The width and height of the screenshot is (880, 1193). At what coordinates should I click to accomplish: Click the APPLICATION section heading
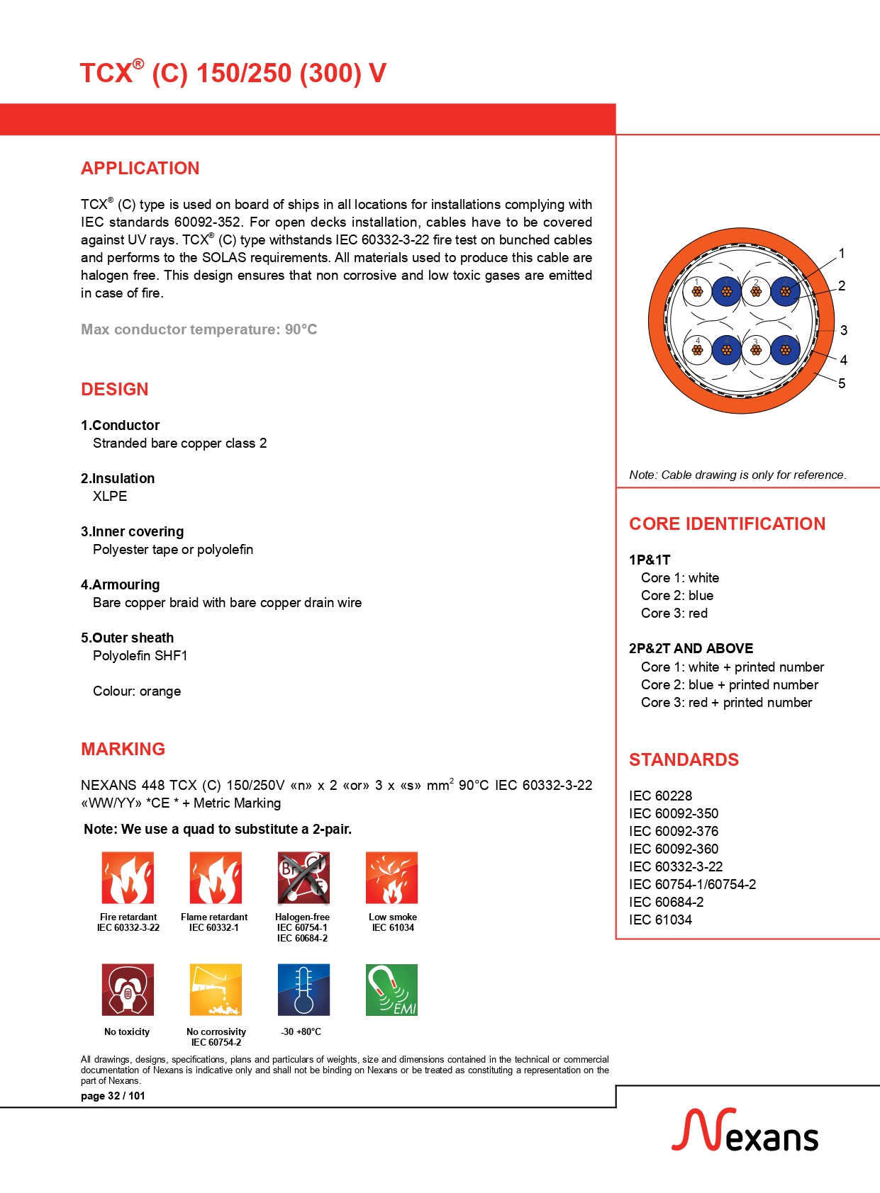point(140,169)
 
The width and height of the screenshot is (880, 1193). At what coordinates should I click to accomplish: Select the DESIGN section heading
point(114,390)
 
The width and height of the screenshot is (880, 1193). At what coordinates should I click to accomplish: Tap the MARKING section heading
point(123,750)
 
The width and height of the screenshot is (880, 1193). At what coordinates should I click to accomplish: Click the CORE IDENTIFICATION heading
point(727,524)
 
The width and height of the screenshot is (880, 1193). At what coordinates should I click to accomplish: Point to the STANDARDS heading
point(684,760)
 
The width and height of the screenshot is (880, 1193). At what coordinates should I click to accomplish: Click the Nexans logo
point(745,1131)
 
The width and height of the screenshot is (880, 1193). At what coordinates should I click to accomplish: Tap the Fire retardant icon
point(128,878)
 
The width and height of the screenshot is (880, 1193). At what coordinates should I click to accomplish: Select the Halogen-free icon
point(303,878)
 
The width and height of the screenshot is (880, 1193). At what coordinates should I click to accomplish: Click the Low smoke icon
point(391,878)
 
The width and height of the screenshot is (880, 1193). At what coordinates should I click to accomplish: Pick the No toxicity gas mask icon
point(128,990)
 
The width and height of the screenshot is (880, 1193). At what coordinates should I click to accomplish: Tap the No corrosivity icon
point(216,990)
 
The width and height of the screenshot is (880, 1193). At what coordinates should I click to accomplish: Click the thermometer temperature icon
point(303,990)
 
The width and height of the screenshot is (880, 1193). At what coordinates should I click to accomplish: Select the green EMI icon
point(391,990)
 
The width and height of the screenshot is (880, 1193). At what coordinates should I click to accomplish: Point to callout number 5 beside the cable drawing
point(842,383)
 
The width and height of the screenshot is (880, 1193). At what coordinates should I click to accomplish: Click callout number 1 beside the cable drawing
point(842,253)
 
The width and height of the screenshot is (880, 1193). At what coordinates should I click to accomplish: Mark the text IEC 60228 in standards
point(660,796)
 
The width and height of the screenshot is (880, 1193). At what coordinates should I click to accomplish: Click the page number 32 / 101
point(113,1096)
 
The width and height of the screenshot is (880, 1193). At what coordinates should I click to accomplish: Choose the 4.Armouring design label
point(120,585)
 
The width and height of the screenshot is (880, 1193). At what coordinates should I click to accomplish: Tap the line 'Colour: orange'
point(137,691)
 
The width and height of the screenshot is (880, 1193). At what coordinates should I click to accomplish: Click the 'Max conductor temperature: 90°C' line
point(199,329)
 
